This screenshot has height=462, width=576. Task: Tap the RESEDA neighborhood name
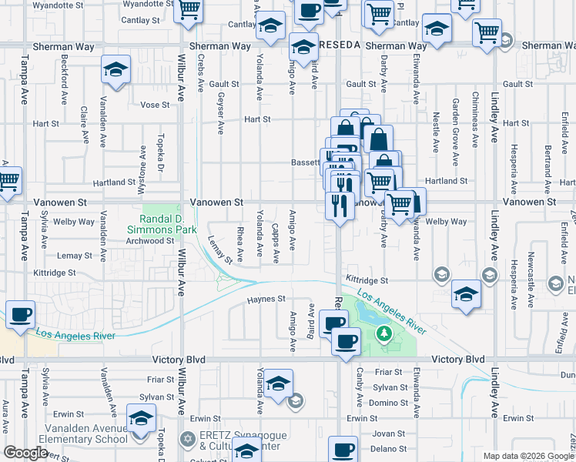tap(339, 45)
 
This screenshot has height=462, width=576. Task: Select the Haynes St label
tap(266, 299)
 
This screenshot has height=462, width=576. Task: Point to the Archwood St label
tap(150, 240)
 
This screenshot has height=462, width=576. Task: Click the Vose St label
tap(154, 105)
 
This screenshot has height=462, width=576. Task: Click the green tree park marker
tap(383, 334)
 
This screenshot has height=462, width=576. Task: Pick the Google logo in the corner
tap(25, 453)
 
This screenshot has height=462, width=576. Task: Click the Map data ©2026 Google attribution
tap(527, 456)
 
